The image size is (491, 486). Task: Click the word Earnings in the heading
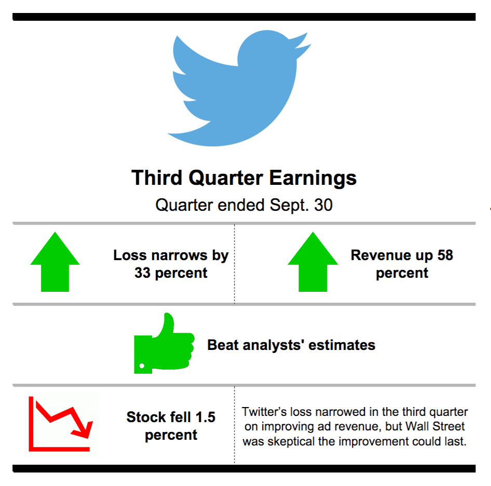click(313, 178)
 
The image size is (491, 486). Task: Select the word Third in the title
click(157, 178)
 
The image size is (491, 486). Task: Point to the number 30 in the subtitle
click(323, 205)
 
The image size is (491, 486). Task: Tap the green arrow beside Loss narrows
click(55, 262)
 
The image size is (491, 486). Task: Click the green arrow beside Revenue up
click(313, 262)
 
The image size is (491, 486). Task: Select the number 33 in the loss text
click(143, 273)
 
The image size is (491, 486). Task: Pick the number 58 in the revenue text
click(445, 255)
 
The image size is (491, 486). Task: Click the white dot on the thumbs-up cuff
click(142, 366)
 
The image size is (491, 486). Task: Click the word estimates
click(342, 345)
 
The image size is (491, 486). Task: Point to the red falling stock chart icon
click(60, 424)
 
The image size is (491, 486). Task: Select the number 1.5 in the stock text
click(205, 417)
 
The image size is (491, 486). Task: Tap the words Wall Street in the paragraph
click(435, 426)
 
